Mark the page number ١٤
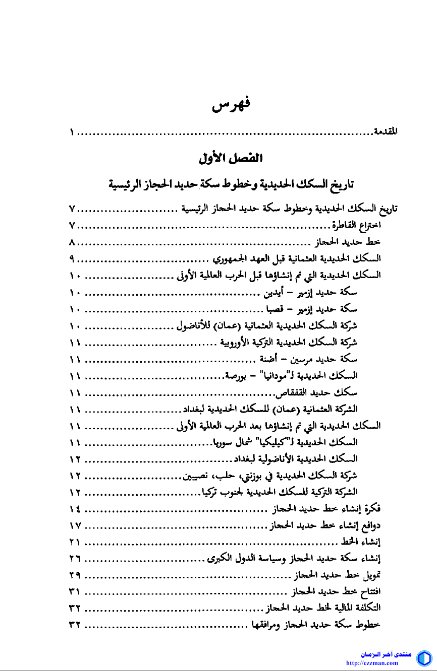click(x=75, y=507)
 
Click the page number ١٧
click(x=75, y=524)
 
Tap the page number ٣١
click(x=75, y=590)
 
